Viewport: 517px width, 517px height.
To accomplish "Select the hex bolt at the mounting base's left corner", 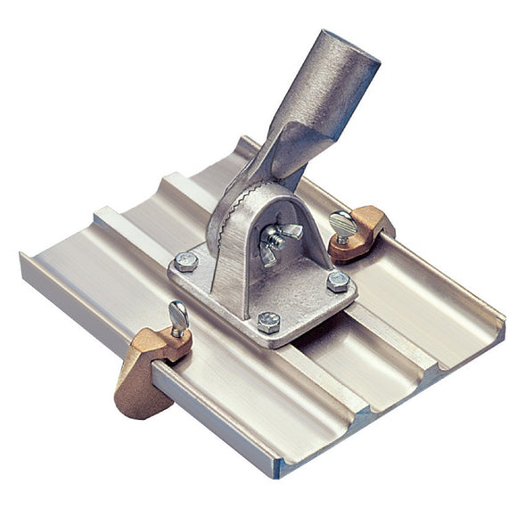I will coord(186,261).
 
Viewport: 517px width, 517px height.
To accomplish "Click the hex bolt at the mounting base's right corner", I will coord(338,281).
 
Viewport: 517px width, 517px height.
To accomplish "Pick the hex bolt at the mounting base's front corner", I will coord(268,320).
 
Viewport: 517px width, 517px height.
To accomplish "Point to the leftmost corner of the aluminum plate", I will coord(21,258).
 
